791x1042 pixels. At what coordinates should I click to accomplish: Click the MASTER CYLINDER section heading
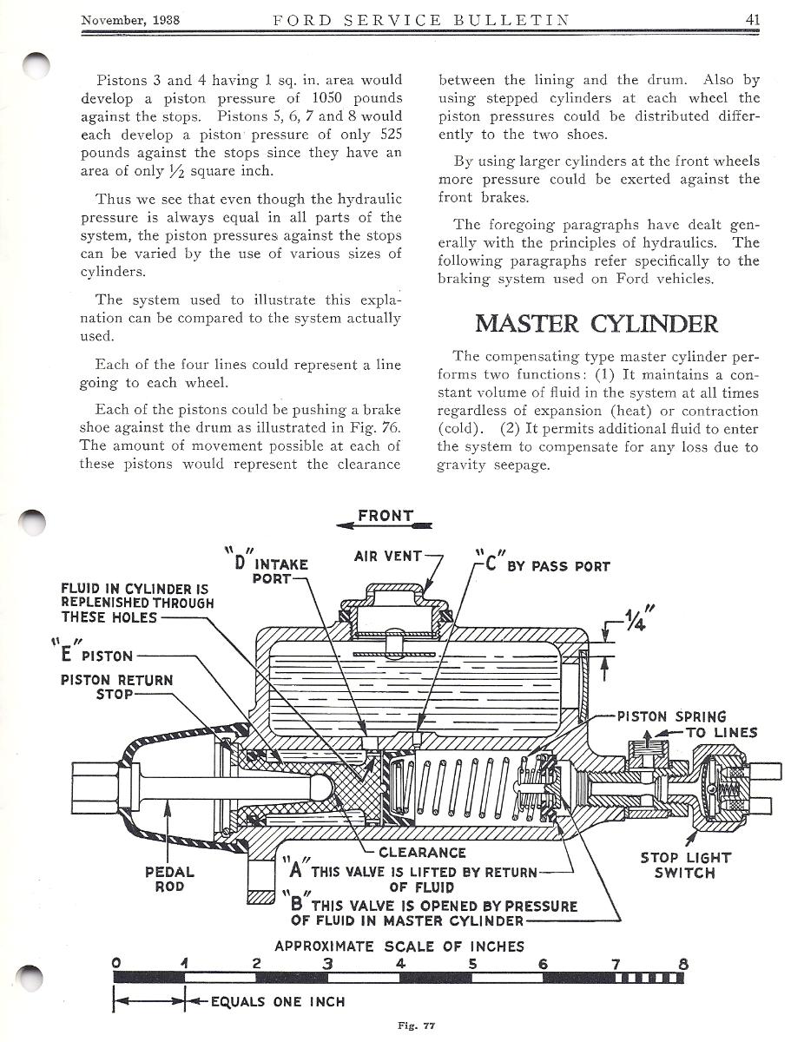597,324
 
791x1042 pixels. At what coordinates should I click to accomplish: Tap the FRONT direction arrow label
386,516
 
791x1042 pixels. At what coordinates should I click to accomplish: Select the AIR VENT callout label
388,556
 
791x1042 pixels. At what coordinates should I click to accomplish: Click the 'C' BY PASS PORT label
544,565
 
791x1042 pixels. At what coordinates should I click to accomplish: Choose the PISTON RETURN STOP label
116,687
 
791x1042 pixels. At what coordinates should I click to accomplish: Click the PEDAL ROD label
169,880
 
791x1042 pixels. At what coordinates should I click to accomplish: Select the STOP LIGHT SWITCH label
685,865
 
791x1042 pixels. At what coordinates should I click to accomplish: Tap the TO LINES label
721,732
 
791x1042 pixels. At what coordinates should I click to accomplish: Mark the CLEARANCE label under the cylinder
422,853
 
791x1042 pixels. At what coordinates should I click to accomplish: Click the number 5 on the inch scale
471,963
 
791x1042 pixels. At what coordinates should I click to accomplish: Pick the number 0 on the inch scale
117,963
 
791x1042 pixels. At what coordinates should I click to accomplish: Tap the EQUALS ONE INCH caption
278,1001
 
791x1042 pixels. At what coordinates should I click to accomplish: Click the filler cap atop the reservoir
395,600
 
